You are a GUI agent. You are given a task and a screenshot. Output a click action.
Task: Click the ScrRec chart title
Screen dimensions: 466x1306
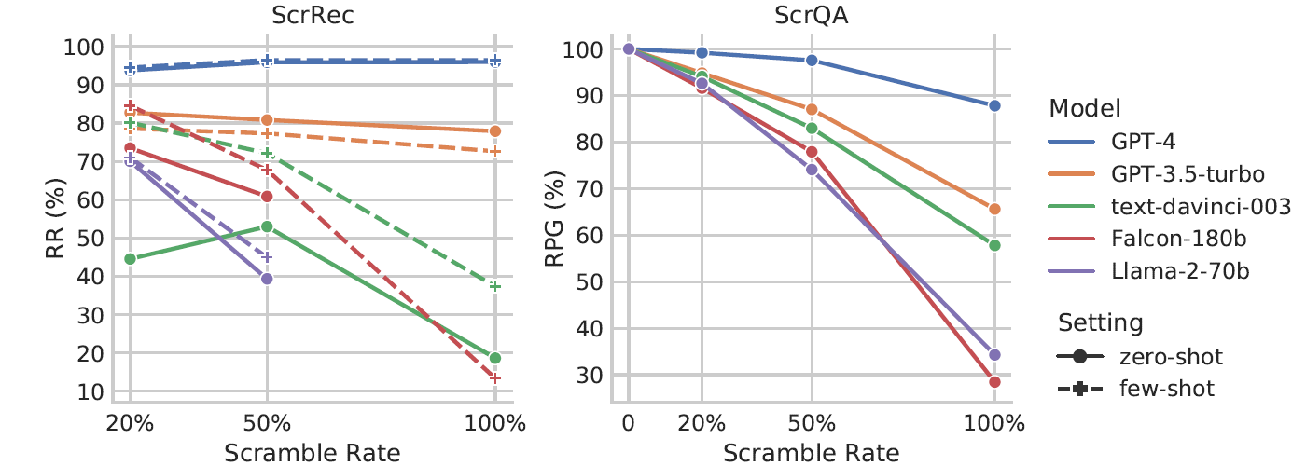[x=313, y=15]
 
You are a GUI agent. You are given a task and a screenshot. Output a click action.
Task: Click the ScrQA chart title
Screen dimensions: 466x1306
[x=812, y=15]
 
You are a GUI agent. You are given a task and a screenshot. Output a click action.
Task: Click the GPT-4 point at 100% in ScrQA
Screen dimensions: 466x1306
[x=994, y=106]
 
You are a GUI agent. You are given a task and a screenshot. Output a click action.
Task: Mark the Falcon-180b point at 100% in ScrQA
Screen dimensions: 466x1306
[x=994, y=382]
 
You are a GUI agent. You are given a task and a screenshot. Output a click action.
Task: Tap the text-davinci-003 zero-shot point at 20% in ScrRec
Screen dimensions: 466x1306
[x=131, y=258]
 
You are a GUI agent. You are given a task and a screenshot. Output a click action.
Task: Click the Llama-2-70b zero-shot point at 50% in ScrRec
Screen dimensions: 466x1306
[x=267, y=279]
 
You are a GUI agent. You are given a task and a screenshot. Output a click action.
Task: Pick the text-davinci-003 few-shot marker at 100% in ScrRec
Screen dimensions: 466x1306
[x=495, y=286]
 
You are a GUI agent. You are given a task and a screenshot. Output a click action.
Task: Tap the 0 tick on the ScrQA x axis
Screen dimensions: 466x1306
[x=629, y=422]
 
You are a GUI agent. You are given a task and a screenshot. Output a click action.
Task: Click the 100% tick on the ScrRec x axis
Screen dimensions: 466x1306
[x=495, y=422]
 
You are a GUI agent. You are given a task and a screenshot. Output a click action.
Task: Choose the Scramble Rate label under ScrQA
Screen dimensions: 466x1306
[x=812, y=453]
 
